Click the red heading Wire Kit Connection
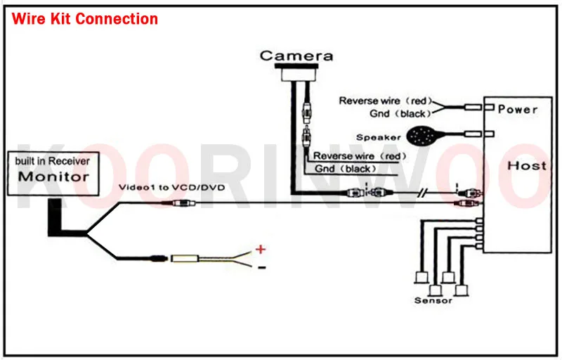click(85, 19)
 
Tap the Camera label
click(296, 56)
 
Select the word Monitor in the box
click(54, 176)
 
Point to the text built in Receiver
click(53, 161)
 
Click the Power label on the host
click(518, 109)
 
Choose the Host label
click(526, 166)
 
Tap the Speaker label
click(378, 138)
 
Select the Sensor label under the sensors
click(433, 300)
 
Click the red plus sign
click(260, 248)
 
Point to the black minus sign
click(261, 267)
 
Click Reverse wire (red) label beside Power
click(385, 101)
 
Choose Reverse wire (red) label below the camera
click(359, 155)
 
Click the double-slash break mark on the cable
click(422, 193)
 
